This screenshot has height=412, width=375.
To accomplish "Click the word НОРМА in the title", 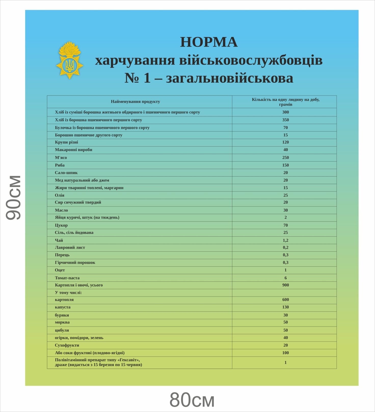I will point(209,42).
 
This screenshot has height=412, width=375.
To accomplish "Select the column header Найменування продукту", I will point(135,102).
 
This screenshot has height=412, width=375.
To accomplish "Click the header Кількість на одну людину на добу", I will point(285,100).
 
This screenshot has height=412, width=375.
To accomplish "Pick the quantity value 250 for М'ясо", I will point(285,157).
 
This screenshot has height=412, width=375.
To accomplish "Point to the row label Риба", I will point(60,165).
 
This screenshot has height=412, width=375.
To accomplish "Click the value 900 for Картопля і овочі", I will point(285,285).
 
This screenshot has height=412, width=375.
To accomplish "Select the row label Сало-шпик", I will point(66,173).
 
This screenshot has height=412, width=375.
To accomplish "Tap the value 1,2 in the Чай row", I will point(285,240).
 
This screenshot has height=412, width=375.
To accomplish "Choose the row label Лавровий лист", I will point(70,248).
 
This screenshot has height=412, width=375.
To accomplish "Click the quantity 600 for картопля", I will point(285,300).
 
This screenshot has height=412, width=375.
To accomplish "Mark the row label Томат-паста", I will point(67,278).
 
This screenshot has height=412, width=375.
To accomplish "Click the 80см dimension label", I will point(192,400).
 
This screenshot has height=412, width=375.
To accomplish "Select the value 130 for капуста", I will point(285,307).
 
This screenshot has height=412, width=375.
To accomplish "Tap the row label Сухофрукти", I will point(67,345).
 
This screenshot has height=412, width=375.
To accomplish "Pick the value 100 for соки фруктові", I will point(285,353).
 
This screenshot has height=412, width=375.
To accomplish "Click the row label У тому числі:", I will point(68,293).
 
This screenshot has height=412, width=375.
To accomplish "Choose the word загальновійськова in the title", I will point(229,78).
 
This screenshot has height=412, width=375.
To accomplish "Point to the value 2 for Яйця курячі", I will point(285,217).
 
